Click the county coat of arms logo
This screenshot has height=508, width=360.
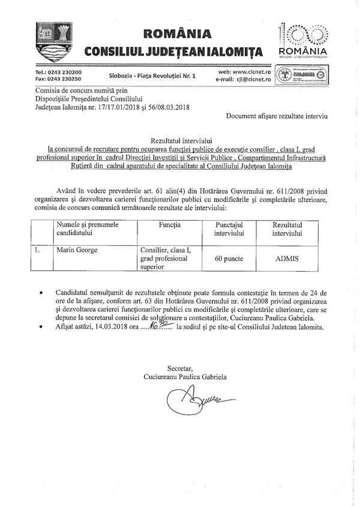click(49, 40)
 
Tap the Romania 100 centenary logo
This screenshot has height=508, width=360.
click(303, 38)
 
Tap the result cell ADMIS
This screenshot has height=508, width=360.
click(287, 258)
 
